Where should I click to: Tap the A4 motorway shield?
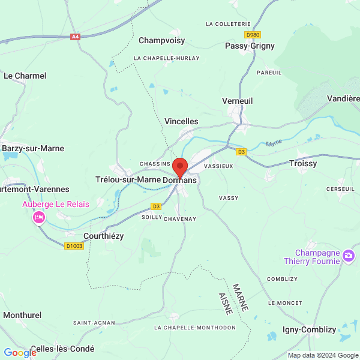[x=75, y=37]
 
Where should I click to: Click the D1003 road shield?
[x=75, y=245]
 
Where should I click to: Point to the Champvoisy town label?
[x=161, y=41]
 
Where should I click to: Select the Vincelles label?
[x=181, y=121]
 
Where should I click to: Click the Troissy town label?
[x=303, y=163]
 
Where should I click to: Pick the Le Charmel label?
[x=25, y=76]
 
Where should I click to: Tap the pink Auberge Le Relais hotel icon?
[x=39, y=217]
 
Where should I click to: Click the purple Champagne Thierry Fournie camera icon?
[x=349, y=257]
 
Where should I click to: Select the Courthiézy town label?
[x=103, y=236]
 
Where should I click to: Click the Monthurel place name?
[x=22, y=314]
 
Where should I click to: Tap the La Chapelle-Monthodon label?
[x=194, y=328]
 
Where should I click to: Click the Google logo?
[x=20, y=353]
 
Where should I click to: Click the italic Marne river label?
[x=274, y=143]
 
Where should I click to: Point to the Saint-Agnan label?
[x=94, y=323]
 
